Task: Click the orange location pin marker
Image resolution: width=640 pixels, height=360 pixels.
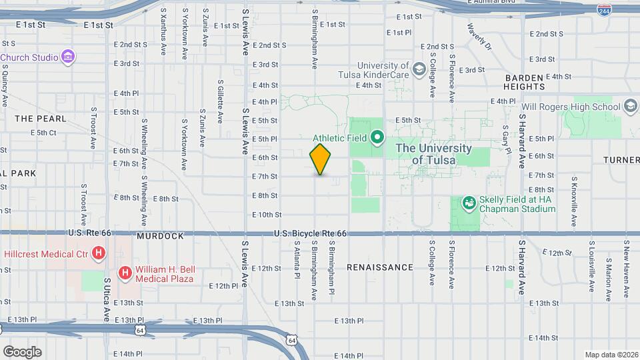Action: (320, 159)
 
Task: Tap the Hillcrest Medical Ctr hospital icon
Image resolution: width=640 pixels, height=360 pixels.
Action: (99, 253)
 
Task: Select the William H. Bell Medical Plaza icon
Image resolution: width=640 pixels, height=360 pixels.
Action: (125, 272)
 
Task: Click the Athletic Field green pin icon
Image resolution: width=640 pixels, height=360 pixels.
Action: (377, 139)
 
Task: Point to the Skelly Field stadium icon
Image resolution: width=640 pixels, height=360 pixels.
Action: (469, 201)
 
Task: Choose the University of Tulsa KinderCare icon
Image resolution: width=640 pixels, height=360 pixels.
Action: (419, 69)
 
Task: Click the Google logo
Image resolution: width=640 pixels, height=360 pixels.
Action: (22, 351)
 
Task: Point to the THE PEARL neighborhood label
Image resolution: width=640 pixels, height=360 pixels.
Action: (41, 119)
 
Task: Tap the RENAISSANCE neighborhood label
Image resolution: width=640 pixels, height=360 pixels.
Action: (380, 267)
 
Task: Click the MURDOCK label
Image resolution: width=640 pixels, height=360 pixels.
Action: (159, 236)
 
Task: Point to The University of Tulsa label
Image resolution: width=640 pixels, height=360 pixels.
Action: (433, 154)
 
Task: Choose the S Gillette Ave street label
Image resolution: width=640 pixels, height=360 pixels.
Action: (220, 101)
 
